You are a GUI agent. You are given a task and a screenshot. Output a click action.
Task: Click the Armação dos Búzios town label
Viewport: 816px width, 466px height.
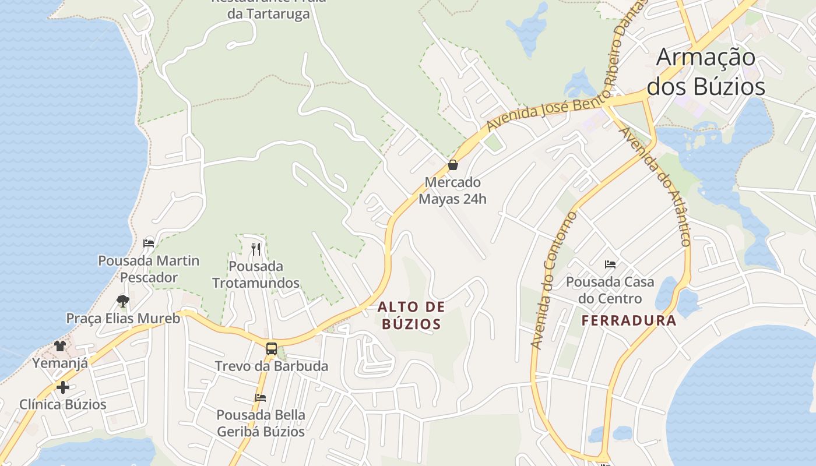tap(706, 72)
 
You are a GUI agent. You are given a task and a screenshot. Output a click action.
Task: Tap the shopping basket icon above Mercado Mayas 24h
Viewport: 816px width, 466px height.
tap(453, 165)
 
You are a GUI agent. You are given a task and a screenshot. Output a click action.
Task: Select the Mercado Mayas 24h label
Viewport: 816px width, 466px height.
tap(452, 190)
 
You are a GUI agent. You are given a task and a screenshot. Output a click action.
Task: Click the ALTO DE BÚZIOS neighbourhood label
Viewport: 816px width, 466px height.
tap(411, 315)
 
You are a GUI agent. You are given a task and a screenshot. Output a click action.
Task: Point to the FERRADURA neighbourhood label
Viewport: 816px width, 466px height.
tap(629, 320)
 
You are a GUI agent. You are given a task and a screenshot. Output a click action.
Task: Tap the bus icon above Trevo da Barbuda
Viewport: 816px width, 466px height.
tap(272, 349)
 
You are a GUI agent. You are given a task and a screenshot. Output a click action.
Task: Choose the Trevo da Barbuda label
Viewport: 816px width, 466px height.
tap(272, 366)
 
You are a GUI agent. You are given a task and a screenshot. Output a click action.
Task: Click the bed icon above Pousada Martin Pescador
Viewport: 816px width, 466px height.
tap(149, 243)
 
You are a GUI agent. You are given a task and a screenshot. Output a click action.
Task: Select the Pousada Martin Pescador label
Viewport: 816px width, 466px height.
tap(149, 269)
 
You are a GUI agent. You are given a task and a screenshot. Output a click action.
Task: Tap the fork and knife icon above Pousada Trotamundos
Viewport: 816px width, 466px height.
tap(256, 249)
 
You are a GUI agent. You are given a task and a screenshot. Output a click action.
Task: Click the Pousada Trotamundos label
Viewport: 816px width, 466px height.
tap(256, 275)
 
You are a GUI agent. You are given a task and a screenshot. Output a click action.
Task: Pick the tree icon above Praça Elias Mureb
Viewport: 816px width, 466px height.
tap(122, 301)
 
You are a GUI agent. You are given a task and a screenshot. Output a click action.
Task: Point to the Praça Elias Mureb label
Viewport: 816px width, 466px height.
tap(123, 319)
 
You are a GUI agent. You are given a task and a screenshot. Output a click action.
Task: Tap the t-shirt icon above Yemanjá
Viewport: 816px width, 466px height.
tap(60, 346)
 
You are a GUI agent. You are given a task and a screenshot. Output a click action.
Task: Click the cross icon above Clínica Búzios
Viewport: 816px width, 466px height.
tap(63, 387)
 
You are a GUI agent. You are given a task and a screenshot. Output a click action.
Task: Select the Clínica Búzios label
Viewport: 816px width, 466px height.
tap(63, 404)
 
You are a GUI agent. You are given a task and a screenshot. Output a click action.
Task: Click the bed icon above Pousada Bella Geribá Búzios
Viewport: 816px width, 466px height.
tap(261, 398)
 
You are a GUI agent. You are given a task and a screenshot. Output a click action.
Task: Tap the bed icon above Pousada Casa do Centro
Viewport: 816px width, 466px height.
tap(610, 264)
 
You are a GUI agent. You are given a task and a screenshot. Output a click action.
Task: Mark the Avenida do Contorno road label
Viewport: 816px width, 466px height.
tap(554, 281)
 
